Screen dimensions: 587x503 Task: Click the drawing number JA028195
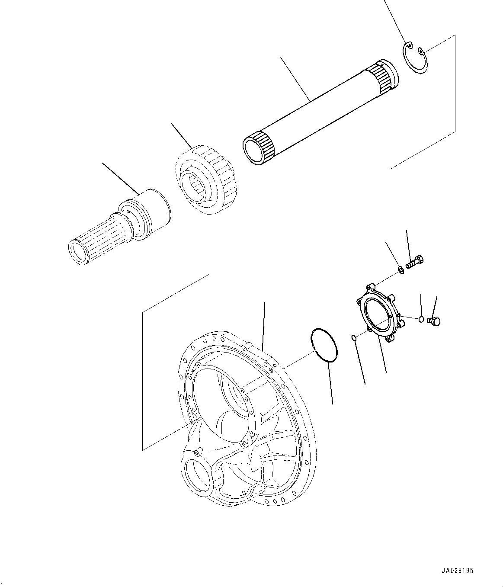(458, 571)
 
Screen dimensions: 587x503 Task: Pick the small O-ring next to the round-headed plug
(421, 319)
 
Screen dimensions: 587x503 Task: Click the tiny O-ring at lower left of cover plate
(353, 337)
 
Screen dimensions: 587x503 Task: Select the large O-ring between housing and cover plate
(323, 345)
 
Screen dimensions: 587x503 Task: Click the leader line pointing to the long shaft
(295, 78)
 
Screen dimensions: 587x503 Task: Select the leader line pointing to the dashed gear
(182, 135)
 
